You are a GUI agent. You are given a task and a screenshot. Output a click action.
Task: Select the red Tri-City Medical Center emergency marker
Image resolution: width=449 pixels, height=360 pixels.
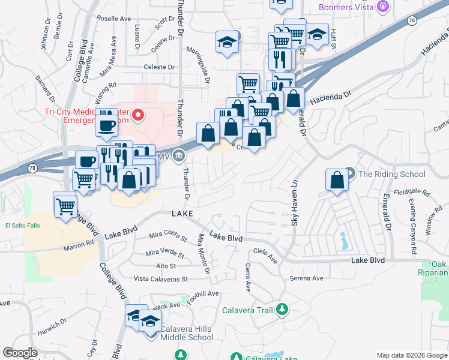(x=138, y=114)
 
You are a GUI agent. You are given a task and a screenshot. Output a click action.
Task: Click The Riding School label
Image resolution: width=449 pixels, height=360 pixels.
(x=391, y=175)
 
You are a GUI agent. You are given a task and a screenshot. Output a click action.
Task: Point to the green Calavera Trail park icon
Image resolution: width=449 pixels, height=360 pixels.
(x=282, y=310)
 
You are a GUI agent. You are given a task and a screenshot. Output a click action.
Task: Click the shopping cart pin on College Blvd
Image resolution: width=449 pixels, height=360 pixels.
(x=65, y=206)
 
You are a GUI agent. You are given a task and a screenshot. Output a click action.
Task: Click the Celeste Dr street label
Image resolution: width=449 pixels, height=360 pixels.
(x=158, y=67)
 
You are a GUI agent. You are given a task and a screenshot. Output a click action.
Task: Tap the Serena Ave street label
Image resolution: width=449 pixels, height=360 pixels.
(x=307, y=278)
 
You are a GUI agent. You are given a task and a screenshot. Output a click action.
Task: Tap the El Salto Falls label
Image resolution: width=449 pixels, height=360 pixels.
(x=22, y=226)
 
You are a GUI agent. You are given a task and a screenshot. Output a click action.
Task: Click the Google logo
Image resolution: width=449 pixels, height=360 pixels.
(x=20, y=353)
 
